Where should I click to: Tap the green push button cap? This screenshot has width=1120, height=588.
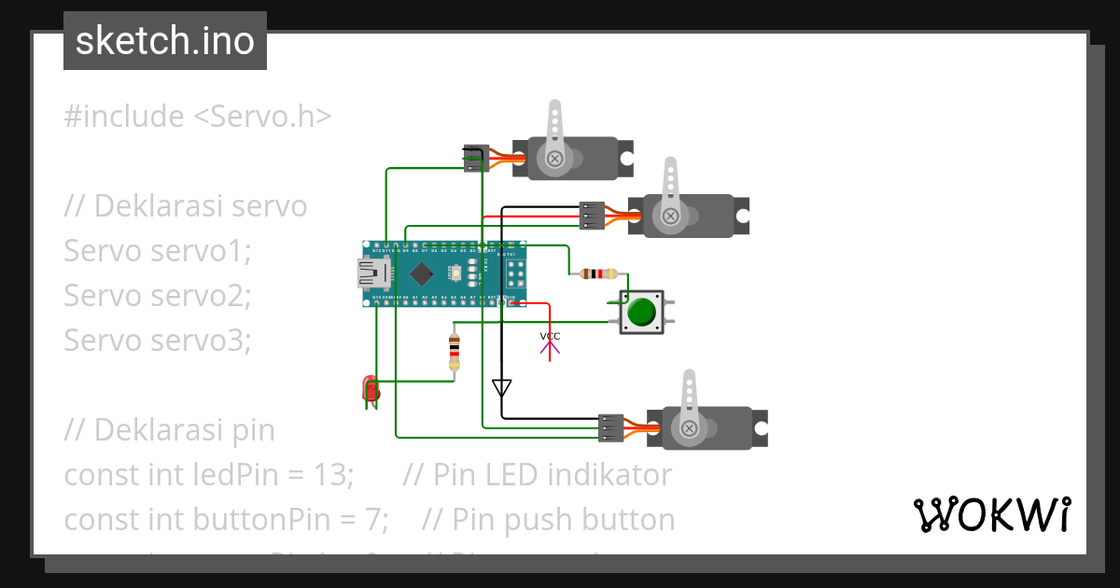pos(640,311)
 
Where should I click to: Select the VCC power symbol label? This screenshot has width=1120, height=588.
pos(551,336)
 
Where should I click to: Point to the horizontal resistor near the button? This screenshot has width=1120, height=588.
pos(598,273)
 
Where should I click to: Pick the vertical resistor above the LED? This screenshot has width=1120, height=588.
pos(455,351)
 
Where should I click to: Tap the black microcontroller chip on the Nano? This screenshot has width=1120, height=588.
pos(422,273)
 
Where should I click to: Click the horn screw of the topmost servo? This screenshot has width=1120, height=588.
pos(554,159)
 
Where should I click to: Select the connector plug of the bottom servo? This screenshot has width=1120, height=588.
pos(611,427)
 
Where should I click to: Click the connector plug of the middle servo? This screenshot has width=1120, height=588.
pos(591,216)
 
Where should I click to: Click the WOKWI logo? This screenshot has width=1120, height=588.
pos(991,514)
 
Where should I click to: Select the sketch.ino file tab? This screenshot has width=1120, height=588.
pos(165,41)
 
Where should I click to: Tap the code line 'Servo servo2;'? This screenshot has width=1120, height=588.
pos(158,296)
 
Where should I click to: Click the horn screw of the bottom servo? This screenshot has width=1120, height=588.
pos(689,428)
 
